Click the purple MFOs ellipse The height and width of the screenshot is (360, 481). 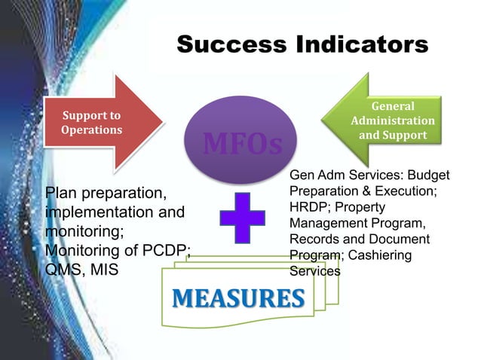click(x=239, y=135)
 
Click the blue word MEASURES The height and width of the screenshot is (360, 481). click(x=237, y=298)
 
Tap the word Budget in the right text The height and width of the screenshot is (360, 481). click(x=426, y=175)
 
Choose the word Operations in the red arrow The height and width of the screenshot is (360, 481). click(x=92, y=130)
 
